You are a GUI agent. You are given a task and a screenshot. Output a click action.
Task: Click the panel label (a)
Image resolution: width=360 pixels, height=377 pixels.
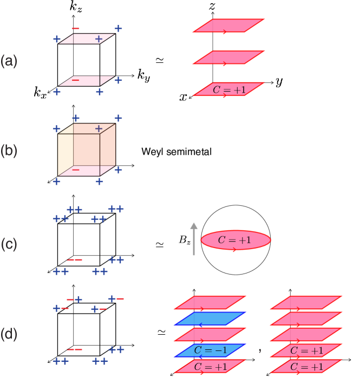9,62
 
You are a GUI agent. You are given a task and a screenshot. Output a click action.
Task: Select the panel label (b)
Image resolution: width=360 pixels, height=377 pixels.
9,151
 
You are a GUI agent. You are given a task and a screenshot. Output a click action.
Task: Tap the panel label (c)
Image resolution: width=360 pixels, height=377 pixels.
9,244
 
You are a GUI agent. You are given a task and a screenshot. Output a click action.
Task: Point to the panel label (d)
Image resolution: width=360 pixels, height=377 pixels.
9,334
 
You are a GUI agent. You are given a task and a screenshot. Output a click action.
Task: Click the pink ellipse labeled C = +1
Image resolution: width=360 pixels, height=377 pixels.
235,240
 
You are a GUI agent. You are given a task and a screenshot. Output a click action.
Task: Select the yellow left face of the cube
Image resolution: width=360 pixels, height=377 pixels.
66,154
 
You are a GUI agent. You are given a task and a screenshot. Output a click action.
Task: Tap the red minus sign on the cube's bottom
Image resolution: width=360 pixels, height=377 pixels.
76,170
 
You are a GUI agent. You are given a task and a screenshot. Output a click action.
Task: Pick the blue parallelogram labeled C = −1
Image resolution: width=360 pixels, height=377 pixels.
210,350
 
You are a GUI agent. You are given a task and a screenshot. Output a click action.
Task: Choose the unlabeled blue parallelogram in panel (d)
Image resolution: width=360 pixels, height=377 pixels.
210,318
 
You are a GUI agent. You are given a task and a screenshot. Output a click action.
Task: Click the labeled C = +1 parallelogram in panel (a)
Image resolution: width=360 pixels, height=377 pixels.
229,89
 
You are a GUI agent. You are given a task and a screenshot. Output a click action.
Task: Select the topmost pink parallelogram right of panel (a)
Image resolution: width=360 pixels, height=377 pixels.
228,26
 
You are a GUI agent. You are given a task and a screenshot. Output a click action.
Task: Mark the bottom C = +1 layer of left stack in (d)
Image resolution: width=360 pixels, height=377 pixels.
210,367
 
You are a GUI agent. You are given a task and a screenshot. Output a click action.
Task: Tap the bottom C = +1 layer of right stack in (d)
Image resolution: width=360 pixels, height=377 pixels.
306,367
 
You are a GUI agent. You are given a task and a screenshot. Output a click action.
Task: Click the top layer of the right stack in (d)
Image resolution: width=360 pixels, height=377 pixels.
306,302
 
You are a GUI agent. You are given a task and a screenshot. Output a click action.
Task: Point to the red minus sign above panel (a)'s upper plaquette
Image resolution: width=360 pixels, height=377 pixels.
76,28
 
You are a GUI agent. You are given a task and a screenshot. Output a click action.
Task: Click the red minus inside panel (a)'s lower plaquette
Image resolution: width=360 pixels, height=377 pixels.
75,80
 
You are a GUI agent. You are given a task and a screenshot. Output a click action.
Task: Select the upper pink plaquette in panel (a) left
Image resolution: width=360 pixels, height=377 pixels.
87,38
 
